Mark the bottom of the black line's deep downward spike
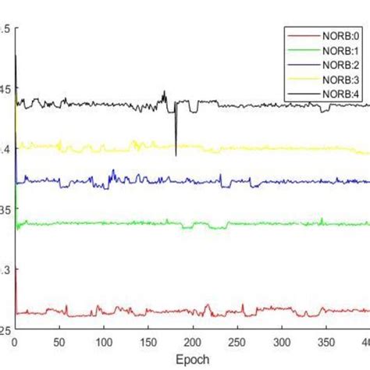tap(176, 155)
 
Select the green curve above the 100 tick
tap(104, 223)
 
